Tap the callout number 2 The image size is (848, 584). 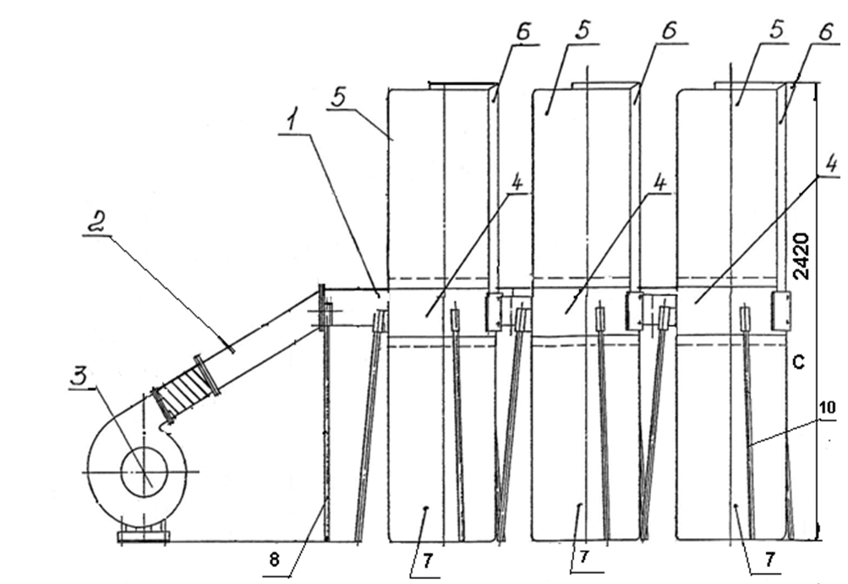click(x=100, y=223)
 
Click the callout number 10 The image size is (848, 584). click(x=827, y=408)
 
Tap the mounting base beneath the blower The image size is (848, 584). click(x=145, y=535)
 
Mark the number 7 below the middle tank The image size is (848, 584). click(x=584, y=559)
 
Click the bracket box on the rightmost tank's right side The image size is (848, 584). click(x=780, y=311)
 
